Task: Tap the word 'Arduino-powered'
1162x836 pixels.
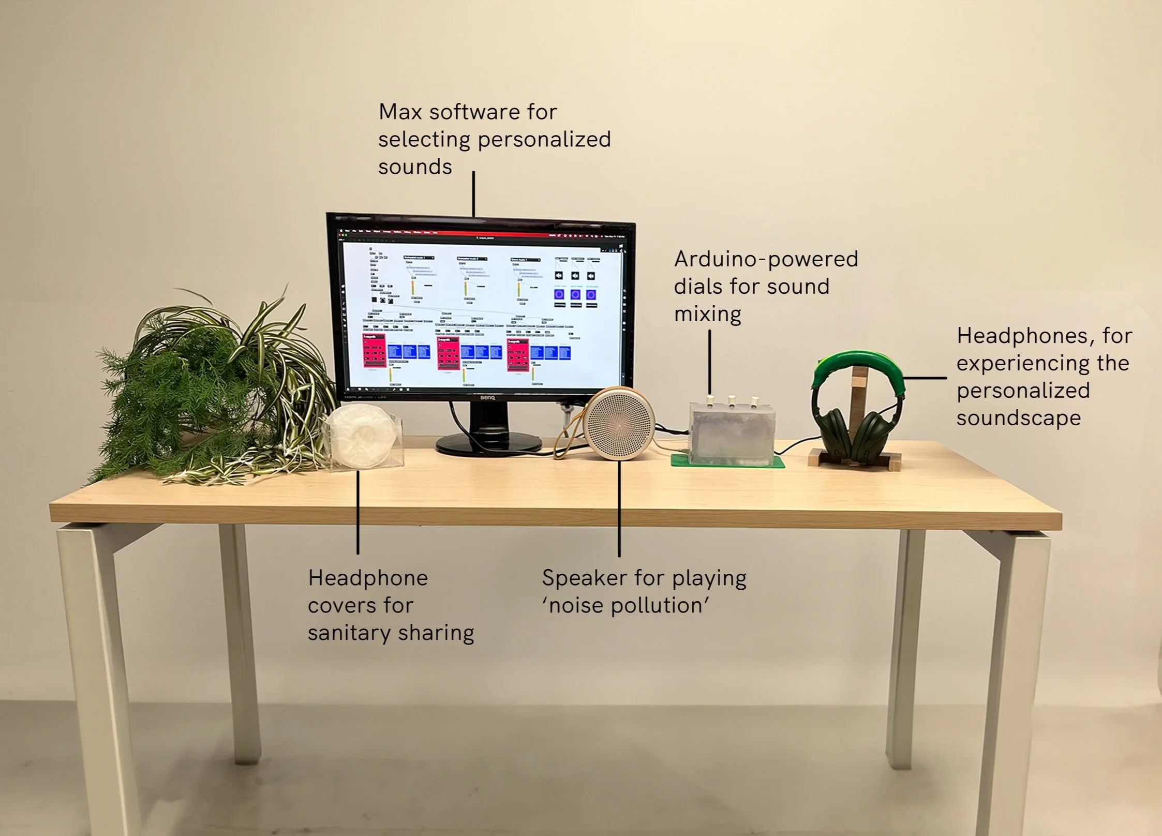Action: pyautogui.click(x=766, y=259)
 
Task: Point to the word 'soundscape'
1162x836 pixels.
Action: pyautogui.click(x=1018, y=419)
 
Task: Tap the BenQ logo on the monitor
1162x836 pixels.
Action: pyautogui.click(x=487, y=398)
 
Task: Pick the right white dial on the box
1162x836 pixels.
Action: pyautogui.click(x=755, y=401)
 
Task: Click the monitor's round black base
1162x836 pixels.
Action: pyautogui.click(x=488, y=444)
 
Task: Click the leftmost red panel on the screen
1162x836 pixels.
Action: pyautogui.click(x=374, y=352)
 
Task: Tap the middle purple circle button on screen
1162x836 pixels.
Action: pyautogui.click(x=575, y=295)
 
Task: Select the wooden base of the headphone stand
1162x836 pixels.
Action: pyautogui.click(x=854, y=460)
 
